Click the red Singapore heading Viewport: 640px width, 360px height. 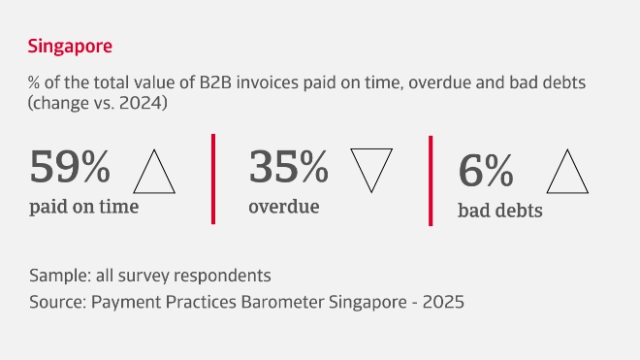[71, 47]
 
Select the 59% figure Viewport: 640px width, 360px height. [70, 167]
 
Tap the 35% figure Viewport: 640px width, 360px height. [288, 167]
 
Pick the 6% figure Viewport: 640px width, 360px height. [485, 172]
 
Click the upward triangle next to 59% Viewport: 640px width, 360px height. [153, 173]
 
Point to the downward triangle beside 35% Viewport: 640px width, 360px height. [369, 169]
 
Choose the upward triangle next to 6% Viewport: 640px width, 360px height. [569, 175]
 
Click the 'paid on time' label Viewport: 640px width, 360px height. [83, 206]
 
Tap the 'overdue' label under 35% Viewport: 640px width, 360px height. [283, 206]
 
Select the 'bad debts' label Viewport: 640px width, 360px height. [499, 211]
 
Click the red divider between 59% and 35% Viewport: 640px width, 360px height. [213, 179]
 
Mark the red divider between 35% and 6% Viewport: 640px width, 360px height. [431, 180]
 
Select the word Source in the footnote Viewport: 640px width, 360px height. [56, 302]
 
